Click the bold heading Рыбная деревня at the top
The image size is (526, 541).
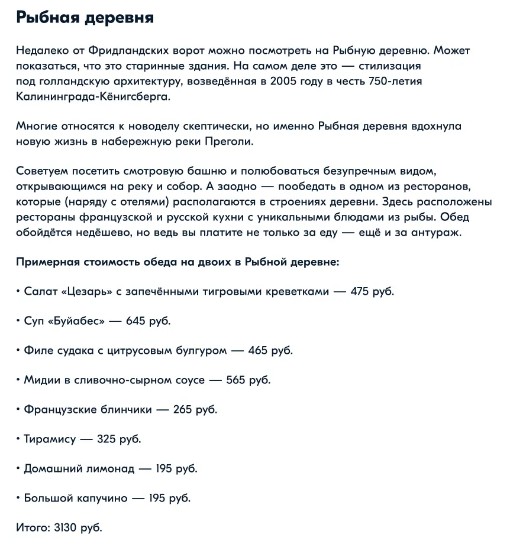point(85,18)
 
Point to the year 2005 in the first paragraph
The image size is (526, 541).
point(283,81)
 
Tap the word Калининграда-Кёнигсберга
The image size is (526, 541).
point(93,96)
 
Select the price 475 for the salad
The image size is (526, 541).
point(360,292)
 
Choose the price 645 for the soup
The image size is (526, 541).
point(135,321)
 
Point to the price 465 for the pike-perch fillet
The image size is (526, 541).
point(258,351)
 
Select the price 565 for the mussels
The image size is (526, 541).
point(235,380)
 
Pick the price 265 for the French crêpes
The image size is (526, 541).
point(183,410)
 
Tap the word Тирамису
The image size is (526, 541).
point(50,439)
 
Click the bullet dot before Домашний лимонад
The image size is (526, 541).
point(18,469)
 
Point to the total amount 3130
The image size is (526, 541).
point(66,527)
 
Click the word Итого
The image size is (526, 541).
point(32,527)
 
